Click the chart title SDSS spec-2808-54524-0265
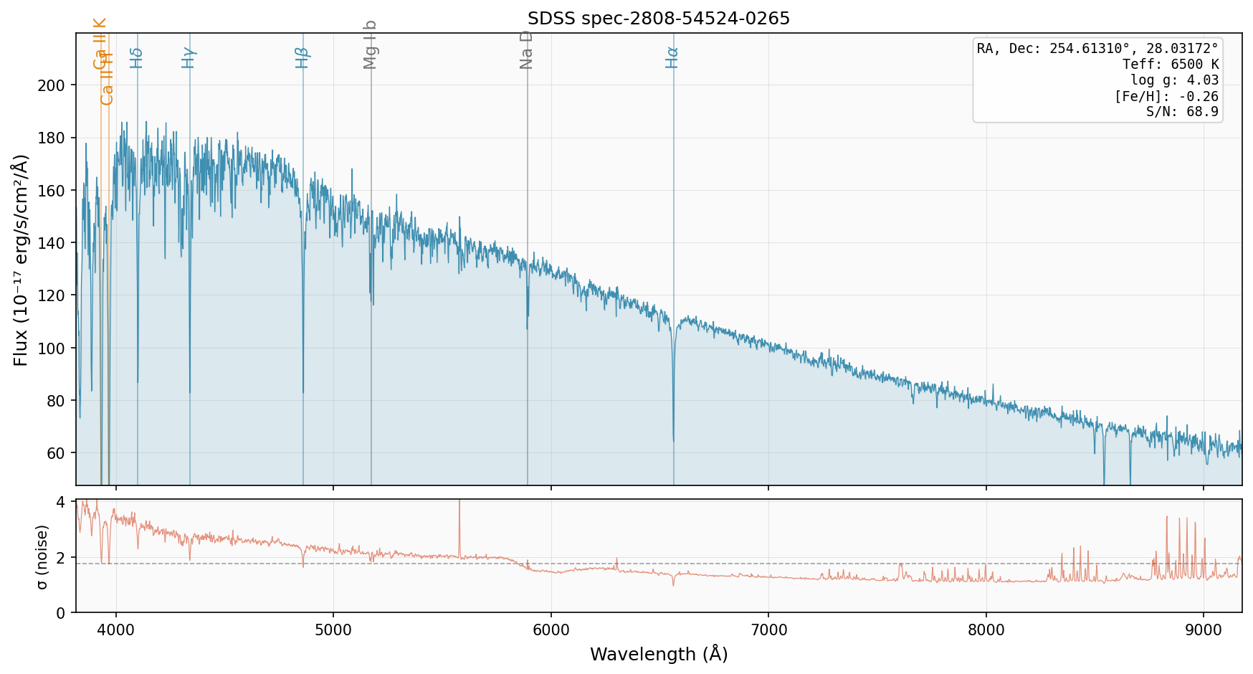pyautogui.click(x=658, y=19)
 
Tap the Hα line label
pyautogui.click(x=672, y=57)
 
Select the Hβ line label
pyautogui.click(x=302, y=57)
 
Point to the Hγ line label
pyautogui.click(x=189, y=57)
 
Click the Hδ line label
pyautogui.click(x=136, y=57)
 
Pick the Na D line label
pyautogui.click(x=526, y=49)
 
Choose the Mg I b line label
pyautogui.click(x=370, y=44)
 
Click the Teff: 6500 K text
pyautogui.click(x=1171, y=65)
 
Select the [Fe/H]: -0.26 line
pyautogui.click(x=1166, y=96)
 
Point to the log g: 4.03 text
pyautogui.click(x=1175, y=80)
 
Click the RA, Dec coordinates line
pyautogui.click(x=1097, y=49)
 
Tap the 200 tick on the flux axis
pyautogui.click(x=55, y=85)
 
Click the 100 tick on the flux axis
pyautogui.click(x=55, y=348)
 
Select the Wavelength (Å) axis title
pyautogui.click(x=658, y=654)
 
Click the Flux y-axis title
pyautogui.click(x=21, y=260)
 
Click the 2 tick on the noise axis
pyautogui.click(x=60, y=558)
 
